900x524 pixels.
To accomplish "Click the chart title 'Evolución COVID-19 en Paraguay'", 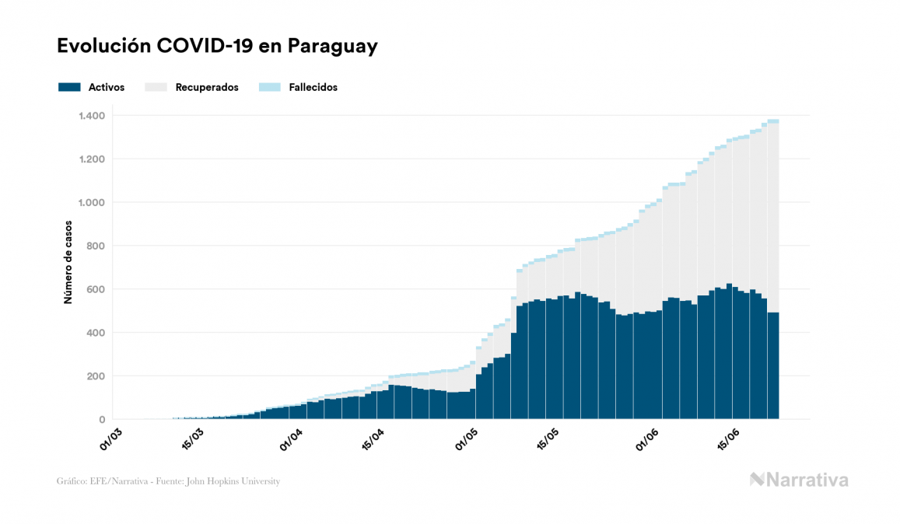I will pos(217,46).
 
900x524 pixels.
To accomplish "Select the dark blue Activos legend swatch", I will pos(69,87).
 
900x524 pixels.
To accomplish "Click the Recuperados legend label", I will pos(207,87).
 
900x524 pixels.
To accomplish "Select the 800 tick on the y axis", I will pos(96,246).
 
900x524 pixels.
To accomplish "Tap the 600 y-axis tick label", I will pos(96,289).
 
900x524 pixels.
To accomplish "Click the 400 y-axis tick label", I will pos(96,333).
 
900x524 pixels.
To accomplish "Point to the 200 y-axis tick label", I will pos(96,376).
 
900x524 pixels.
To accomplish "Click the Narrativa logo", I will pos(799,480).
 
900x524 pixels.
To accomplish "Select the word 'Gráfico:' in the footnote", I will pos(70,481).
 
